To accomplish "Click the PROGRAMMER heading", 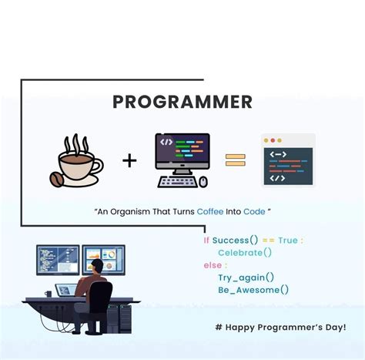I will (182, 102).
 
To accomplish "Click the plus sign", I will (129, 160).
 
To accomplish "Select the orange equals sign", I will (235, 160).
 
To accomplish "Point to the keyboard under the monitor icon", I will (178, 183).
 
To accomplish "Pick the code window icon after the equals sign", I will (288, 160).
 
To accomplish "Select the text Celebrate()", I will (245, 253).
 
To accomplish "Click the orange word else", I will (212, 265).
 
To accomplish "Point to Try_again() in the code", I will (246, 278).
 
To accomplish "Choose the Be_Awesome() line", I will (253, 290).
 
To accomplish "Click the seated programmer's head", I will (98, 266).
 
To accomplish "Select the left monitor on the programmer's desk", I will (57, 261).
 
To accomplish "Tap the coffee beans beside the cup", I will (57, 180).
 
